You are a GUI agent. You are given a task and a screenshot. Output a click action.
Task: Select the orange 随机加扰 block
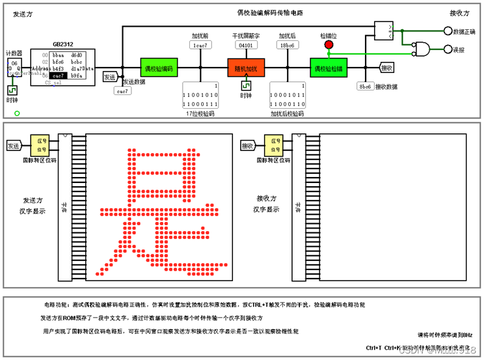coord(245,68)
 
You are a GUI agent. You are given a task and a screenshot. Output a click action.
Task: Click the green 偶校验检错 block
coord(329,68)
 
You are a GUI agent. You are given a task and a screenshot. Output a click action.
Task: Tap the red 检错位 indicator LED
coord(329,45)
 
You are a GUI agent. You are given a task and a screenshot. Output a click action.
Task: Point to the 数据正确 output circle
coord(448,31)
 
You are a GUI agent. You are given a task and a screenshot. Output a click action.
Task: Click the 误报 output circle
coord(448,49)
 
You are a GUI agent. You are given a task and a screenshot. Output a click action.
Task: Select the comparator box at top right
coord(385,29)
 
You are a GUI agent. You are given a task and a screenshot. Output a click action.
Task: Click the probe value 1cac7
coord(198,46)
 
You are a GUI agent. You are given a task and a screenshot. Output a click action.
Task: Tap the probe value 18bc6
coord(287,46)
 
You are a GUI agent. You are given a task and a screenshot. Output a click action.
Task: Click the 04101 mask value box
coord(245,46)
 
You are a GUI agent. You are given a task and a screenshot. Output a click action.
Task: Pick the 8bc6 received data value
coord(364,86)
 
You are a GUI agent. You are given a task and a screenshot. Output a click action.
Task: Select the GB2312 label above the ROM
coord(63,44)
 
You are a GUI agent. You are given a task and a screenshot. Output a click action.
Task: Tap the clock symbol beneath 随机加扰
coord(245,85)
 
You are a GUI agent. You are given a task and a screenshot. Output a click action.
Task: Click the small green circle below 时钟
coord(17,113)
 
